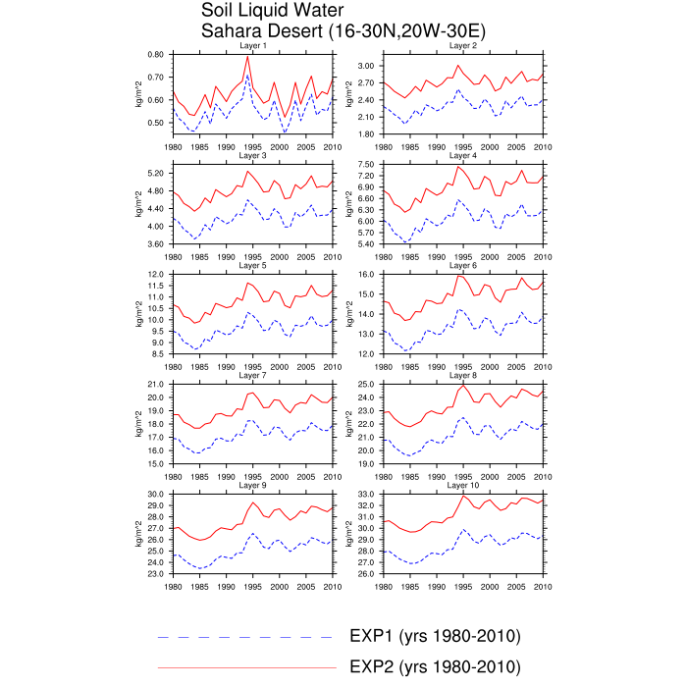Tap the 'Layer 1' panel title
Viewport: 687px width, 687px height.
(x=252, y=46)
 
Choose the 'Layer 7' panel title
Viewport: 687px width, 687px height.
(x=252, y=375)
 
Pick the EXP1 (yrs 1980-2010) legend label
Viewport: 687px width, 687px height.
(x=435, y=636)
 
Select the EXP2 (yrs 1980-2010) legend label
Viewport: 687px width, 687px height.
(x=435, y=666)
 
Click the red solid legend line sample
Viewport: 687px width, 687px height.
(x=245, y=667)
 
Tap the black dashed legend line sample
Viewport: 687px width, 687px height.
(x=245, y=637)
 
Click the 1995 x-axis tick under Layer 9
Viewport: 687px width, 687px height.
(x=252, y=586)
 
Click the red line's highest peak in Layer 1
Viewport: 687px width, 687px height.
(x=247, y=56)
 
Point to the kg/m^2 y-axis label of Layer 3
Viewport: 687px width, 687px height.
(x=138, y=204)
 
